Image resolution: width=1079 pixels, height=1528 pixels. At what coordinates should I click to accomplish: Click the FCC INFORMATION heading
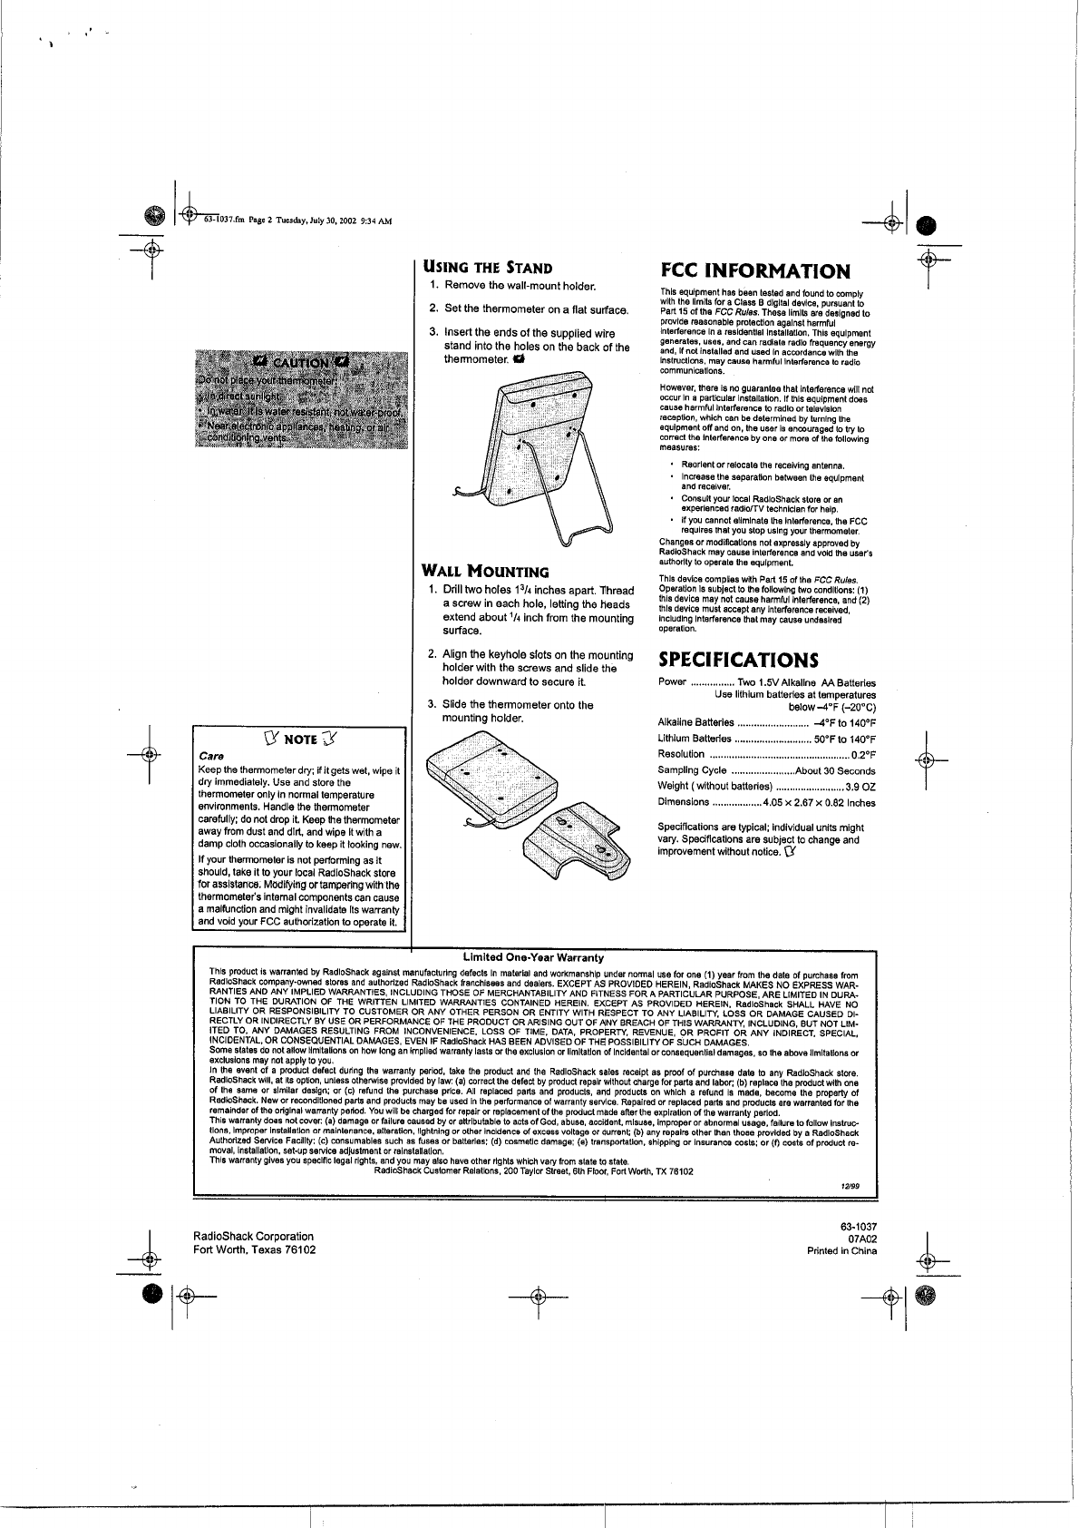[x=754, y=270]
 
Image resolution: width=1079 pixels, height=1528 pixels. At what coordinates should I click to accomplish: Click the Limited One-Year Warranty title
[x=533, y=957]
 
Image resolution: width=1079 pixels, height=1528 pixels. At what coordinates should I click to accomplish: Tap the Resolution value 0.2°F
[x=863, y=755]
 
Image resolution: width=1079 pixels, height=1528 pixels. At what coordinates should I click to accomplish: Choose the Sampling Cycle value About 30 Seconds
[x=835, y=771]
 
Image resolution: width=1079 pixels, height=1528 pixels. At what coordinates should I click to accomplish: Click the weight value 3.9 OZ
[x=860, y=787]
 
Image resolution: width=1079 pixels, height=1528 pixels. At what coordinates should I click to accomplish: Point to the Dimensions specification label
[x=683, y=802]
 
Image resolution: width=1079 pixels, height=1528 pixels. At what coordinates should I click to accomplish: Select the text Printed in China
[x=842, y=1250]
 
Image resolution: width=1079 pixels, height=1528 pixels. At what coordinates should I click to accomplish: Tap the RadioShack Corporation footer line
[x=254, y=1236]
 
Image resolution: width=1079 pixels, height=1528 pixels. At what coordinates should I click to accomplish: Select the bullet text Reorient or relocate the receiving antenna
[x=763, y=465]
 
